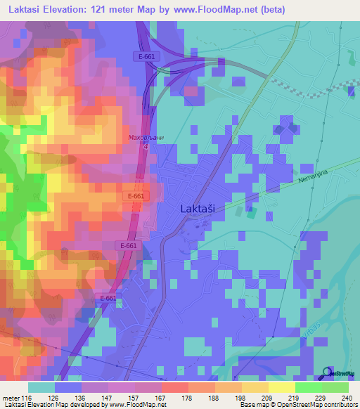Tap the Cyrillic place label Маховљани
[146, 138]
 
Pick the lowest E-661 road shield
[108, 299]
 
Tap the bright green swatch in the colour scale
[308, 387]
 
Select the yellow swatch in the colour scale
[281, 387]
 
